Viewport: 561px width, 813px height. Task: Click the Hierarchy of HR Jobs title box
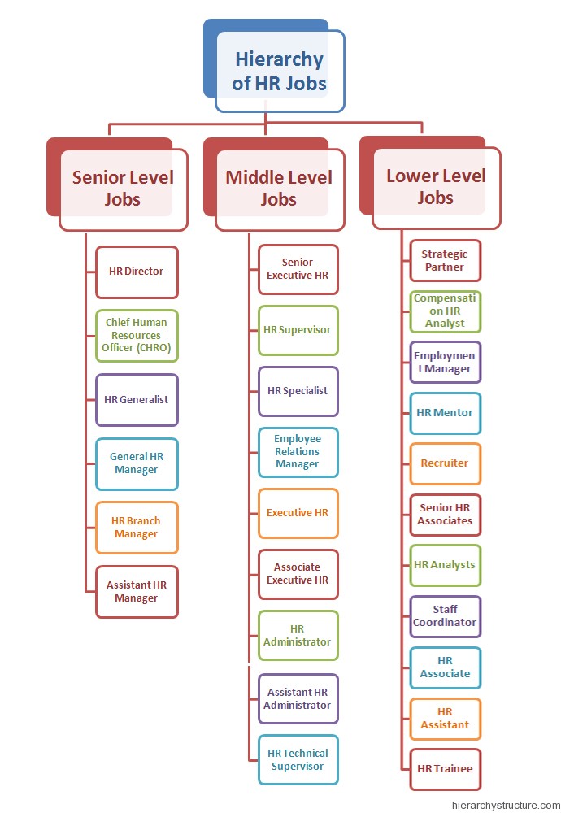click(x=279, y=71)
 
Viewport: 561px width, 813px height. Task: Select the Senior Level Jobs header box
click(x=123, y=188)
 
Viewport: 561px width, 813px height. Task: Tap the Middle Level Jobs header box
click(x=279, y=188)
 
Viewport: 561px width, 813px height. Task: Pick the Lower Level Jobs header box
click(x=436, y=187)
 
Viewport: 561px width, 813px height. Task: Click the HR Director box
click(x=137, y=272)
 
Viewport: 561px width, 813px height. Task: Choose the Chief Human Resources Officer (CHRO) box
click(x=137, y=335)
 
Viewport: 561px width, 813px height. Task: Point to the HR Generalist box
click(x=137, y=399)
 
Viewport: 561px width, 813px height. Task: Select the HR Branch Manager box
click(x=137, y=528)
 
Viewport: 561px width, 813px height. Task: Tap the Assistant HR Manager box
click(x=137, y=592)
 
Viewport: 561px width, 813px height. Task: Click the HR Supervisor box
click(x=298, y=330)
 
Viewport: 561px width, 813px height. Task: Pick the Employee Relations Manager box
click(x=298, y=452)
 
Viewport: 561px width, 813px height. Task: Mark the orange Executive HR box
click(x=298, y=513)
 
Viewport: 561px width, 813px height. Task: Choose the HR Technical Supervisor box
click(x=298, y=759)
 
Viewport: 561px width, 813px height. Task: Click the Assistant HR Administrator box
click(x=298, y=698)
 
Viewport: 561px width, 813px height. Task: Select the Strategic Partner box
click(x=445, y=260)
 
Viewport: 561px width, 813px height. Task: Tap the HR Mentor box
click(x=445, y=413)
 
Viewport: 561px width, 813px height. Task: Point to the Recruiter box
click(x=445, y=463)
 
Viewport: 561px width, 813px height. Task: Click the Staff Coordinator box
click(x=445, y=616)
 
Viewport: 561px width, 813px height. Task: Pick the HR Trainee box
click(x=445, y=768)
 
